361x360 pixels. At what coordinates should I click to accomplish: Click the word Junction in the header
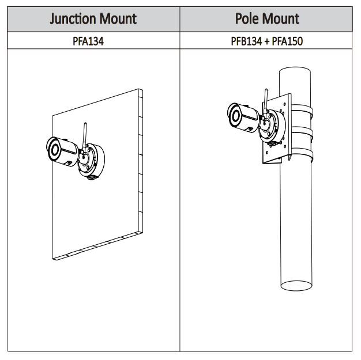[72, 18]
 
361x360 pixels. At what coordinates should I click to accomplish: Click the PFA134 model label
[89, 41]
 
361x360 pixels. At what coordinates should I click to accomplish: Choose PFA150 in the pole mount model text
[288, 41]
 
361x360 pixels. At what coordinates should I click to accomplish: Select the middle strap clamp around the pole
[304, 134]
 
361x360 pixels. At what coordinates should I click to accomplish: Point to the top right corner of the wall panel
[142, 90]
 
